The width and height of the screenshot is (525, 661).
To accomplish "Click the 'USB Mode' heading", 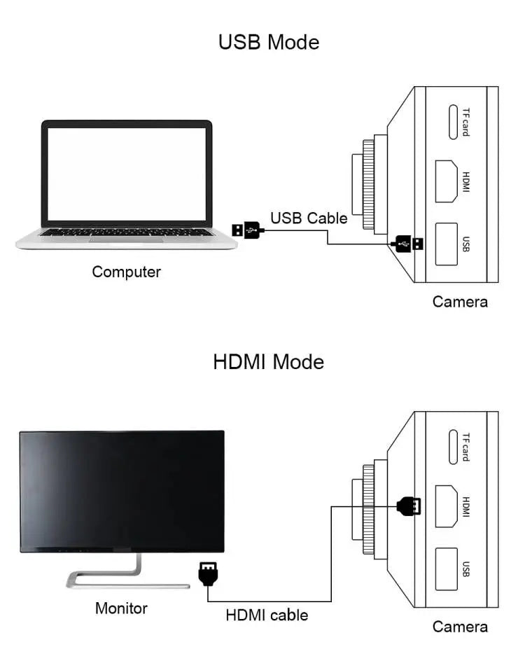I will [269, 42].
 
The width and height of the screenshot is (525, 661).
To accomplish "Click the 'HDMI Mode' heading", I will [269, 362].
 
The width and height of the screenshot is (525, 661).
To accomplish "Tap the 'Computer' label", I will [127, 272].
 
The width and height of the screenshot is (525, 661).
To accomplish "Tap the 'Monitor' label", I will [121, 608].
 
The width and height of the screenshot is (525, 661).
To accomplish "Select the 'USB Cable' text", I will [309, 218].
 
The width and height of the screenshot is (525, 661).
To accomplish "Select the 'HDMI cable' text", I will [267, 615].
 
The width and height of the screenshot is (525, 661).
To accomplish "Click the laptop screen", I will [127, 174].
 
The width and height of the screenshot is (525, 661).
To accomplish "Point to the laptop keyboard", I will [126, 232].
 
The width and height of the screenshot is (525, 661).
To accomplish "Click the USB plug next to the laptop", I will [247, 229].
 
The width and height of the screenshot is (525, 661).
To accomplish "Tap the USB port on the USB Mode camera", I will [447, 244].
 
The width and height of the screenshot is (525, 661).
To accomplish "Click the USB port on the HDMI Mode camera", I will [447, 568].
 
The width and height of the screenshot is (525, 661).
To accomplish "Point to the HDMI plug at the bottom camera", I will [409, 506].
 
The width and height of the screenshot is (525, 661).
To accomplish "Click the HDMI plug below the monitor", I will [207, 574].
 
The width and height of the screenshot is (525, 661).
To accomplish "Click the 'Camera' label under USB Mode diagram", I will [460, 302].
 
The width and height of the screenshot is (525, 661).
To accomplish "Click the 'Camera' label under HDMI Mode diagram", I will [460, 627].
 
